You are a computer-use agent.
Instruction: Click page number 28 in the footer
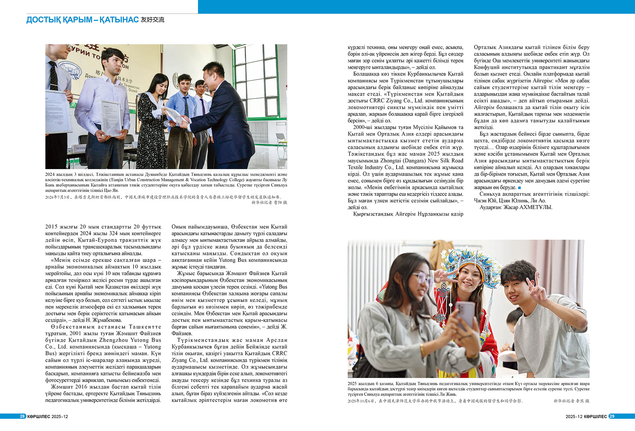(22, 416)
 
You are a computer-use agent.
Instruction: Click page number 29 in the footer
(612, 416)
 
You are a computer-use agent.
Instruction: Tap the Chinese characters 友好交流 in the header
(152, 20)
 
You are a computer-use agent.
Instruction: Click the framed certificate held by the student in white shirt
(111, 117)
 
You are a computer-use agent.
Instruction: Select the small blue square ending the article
(519, 188)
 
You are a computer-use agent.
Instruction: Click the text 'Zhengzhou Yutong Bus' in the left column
(130, 340)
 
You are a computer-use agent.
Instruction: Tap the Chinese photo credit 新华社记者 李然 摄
(571, 401)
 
